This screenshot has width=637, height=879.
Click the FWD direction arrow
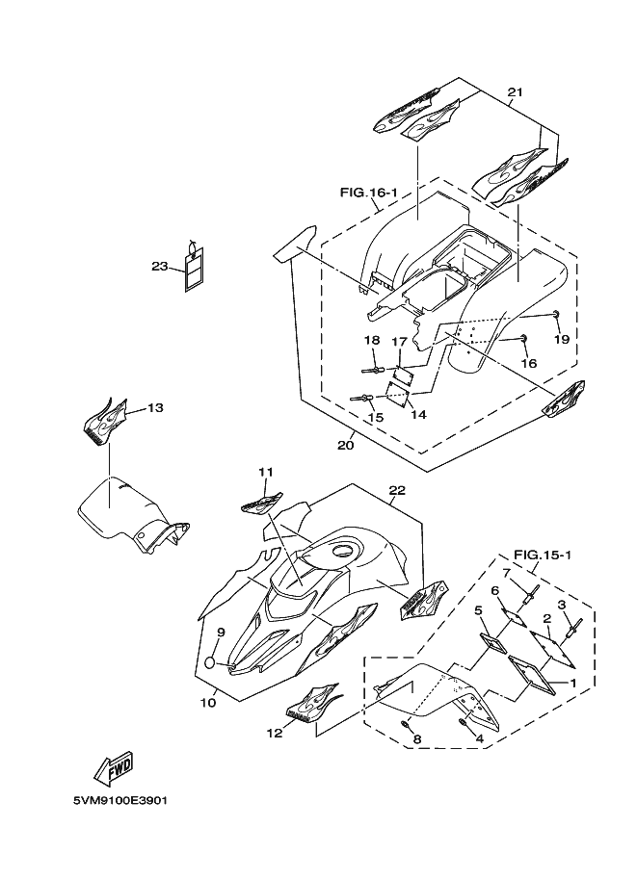[114, 768]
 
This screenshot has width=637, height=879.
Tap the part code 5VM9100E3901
[120, 800]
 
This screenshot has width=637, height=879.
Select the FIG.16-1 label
[368, 194]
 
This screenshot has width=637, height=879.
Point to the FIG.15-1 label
[543, 555]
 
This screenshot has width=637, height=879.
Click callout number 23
[159, 266]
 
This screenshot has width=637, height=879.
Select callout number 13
[155, 407]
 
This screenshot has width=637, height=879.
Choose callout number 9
[221, 633]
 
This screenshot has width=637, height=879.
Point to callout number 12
[275, 733]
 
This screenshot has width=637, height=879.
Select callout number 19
[560, 339]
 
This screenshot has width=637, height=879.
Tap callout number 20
[346, 445]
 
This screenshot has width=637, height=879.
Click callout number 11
[265, 472]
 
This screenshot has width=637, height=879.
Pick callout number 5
[477, 610]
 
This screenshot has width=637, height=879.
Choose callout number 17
[399, 341]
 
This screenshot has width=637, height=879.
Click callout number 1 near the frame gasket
[574, 683]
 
